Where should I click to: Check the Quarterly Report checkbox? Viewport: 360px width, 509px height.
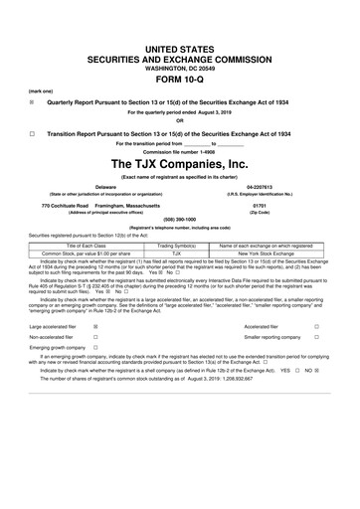click(32, 100)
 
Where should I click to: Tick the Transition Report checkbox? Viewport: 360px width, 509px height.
click(32, 132)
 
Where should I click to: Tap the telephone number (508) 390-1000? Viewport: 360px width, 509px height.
click(180, 223)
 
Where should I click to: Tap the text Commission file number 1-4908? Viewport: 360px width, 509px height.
click(180, 150)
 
